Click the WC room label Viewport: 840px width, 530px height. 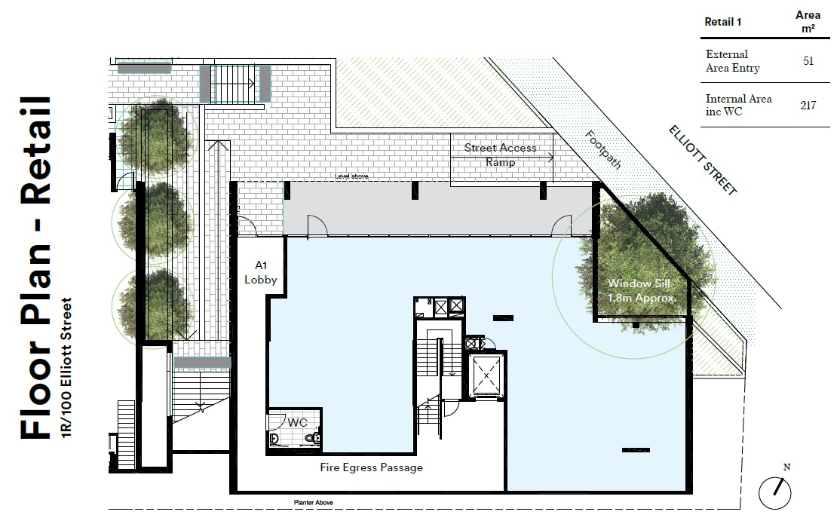pyautogui.click(x=297, y=422)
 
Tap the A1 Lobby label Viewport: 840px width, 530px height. pyautogui.click(x=261, y=272)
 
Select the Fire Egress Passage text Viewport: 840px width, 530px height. pyautogui.click(x=371, y=467)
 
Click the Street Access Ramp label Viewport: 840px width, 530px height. pyautogui.click(x=501, y=155)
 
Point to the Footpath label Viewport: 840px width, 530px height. pyautogui.click(x=603, y=150)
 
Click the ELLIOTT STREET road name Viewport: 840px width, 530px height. pyautogui.click(x=703, y=160)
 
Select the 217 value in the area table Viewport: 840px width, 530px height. pyautogui.click(x=808, y=105)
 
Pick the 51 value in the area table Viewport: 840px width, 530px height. pyautogui.click(x=808, y=60)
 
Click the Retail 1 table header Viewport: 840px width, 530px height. pyautogui.click(x=722, y=22)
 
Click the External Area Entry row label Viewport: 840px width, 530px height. pyautogui.click(x=732, y=61)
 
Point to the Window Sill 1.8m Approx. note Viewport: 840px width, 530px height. pyautogui.click(x=641, y=291)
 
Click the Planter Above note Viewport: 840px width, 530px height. pyautogui.click(x=314, y=502)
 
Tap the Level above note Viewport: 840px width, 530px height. pyautogui.click(x=351, y=176)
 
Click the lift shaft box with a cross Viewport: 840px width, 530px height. pyautogui.click(x=486, y=375)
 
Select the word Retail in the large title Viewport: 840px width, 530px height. pyautogui.click(x=36, y=151)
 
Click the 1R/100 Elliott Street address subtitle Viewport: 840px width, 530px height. pyautogui.click(x=66, y=367)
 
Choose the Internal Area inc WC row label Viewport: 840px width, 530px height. pyautogui.click(x=738, y=105)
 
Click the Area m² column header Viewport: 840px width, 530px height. pyautogui.click(x=808, y=21)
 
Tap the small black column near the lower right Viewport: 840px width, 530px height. pyautogui.click(x=636, y=450)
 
